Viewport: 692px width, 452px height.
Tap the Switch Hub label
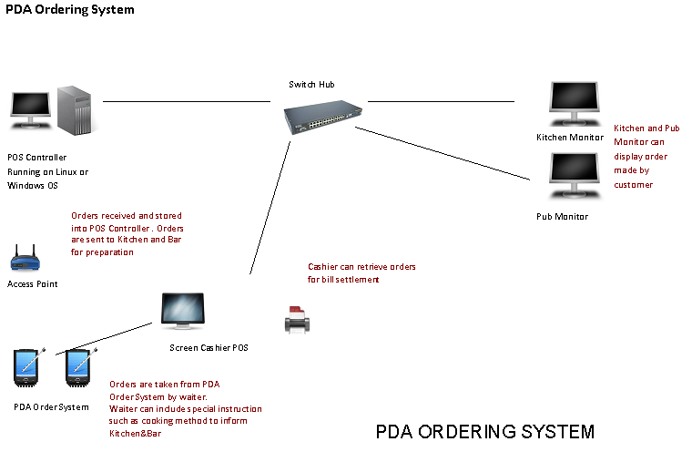click(x=311, y=85)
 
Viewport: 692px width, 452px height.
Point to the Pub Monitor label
click(x=562, y=217)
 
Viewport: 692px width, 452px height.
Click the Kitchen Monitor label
click(x=570, y=138)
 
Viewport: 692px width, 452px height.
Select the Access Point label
click(x=33, y=284)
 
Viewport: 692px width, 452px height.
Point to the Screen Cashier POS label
click(x=209, y=348)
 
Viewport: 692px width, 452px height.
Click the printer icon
click(x=298, y=319)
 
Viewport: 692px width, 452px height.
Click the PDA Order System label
click(x=52, y=406)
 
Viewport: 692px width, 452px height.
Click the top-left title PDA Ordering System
click(x=68, y=10)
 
